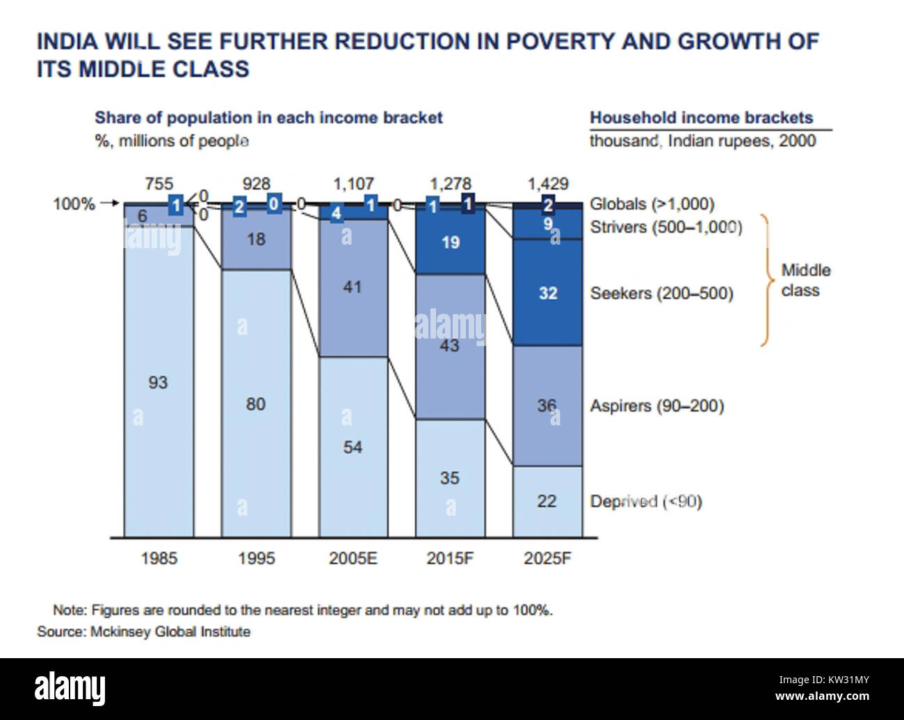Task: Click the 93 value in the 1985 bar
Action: [158, 382]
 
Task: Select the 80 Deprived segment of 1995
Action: [256, 404]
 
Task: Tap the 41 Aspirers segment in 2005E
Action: [353, 287]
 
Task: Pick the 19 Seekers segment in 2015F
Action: [451, 243]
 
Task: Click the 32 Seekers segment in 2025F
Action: [548, 293]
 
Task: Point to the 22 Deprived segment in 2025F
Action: [547, 501]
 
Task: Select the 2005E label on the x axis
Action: [353, 558]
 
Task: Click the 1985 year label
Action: [159, 558]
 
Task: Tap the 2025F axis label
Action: [547, 558]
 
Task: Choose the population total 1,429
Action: [548, 184]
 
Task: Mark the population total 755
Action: [159, 184]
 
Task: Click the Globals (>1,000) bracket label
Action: [652, 204]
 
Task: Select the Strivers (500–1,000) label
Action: [665, 227]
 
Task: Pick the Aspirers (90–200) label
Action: [656, 406]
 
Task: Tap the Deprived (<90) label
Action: [645, 501]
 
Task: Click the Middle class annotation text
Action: [805, 280]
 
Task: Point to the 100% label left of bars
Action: [74, 204]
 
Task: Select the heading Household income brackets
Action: [701, 118]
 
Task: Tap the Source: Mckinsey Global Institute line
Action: [143, 632]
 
